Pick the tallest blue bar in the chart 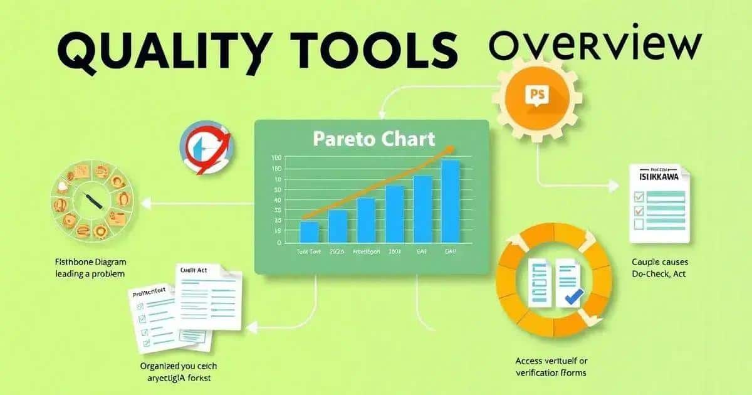click(x=451, y=201)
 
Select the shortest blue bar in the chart click(x=310, y=231)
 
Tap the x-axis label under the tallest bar click(x=451, y=251)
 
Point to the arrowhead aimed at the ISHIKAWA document click(x=614, y=186)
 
